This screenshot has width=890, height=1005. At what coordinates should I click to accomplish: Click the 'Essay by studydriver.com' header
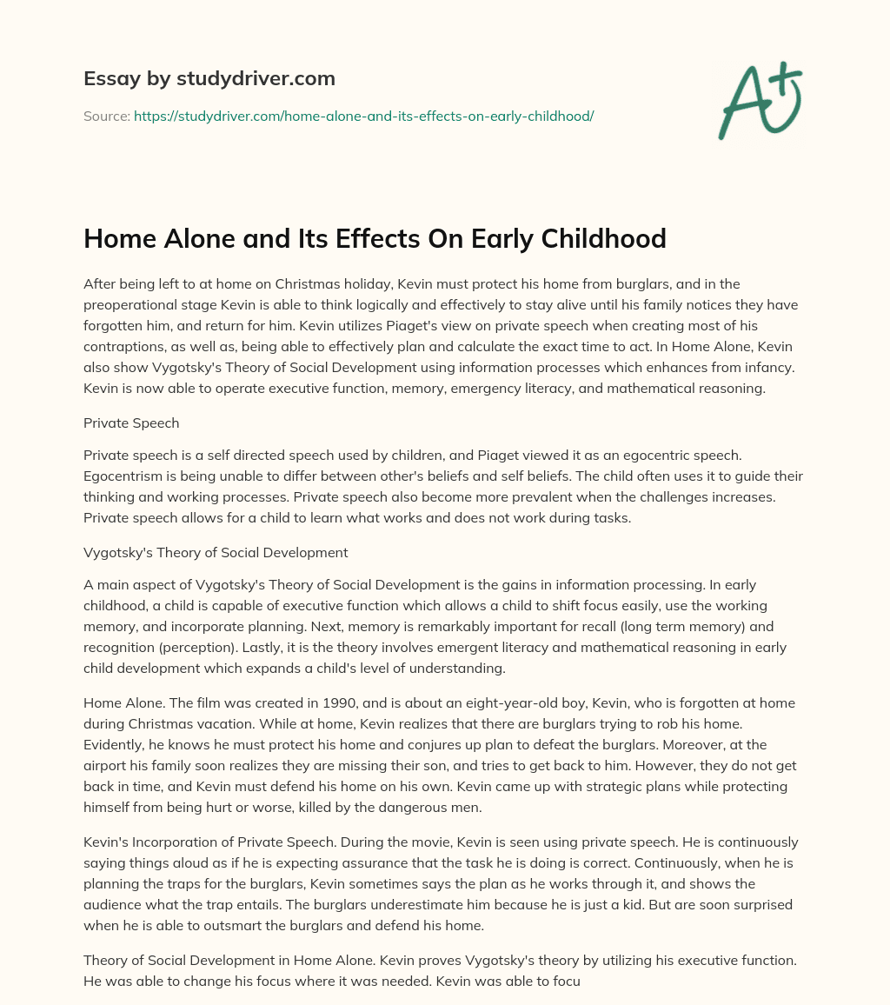(x=209, y=78)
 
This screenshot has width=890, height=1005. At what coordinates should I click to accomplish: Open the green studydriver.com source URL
(x=363, y=116)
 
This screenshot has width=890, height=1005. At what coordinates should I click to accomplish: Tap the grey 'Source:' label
(x=106, y=116)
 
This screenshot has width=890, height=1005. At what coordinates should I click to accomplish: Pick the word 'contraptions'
(x=124, y=347)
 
